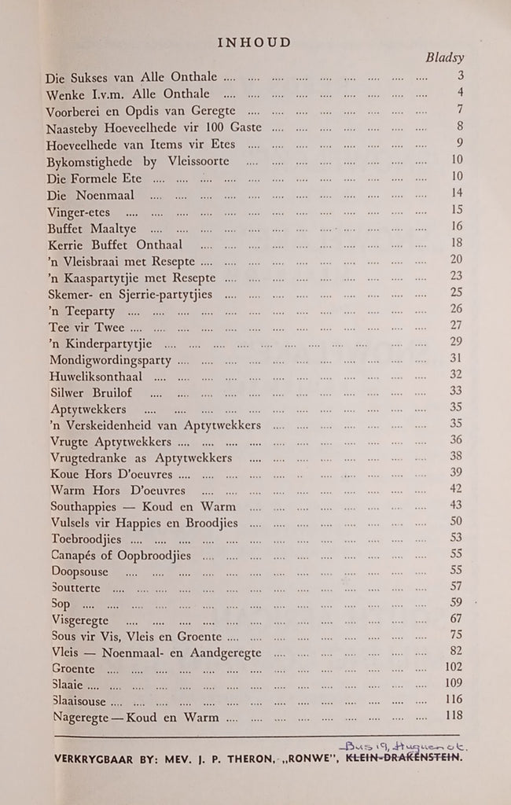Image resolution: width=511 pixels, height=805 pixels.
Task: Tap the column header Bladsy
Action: pyautogui.click(x=446, y=58)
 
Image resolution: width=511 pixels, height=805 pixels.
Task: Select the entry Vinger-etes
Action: pyautogui.click(x=80, y=211)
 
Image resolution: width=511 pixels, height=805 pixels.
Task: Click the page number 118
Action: pyautogui.click(x=452, y=715)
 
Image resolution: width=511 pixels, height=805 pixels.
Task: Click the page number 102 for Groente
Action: pyautogui.click(x=452, y=667)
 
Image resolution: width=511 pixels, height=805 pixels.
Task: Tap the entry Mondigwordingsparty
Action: pyautogui.click(x=108, y=359)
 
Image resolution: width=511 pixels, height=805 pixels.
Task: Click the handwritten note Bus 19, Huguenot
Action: pyautogui.click(x=400, y=743)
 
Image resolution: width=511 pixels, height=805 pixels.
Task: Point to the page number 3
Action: pyautogui.click(x=459, y=76)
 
